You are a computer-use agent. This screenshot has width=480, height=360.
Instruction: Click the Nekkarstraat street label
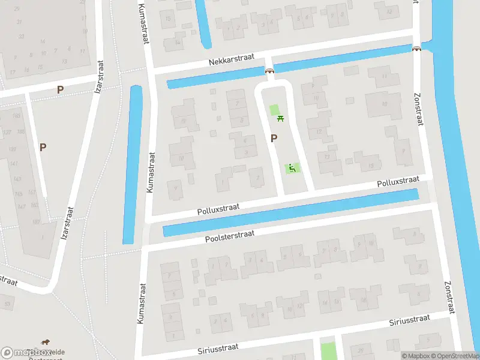(232, 58)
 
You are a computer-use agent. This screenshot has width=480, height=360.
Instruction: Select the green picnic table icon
(280, 119)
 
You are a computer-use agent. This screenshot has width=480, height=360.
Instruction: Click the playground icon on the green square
(292, 169)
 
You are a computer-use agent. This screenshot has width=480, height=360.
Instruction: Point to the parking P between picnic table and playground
(274, 139)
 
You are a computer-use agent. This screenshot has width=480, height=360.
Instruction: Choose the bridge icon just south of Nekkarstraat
(269, 71)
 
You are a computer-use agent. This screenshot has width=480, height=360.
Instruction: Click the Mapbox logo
(26, 352)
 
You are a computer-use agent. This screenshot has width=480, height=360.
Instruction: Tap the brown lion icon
(46, 343)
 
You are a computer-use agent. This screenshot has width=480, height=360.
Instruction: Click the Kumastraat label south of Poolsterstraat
(142, 304)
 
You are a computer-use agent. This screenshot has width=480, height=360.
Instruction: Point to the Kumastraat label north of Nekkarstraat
(144, 23)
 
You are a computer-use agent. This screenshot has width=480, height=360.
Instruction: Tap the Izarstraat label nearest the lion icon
(67, 223)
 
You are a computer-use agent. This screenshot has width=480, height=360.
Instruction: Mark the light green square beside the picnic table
(275, 110)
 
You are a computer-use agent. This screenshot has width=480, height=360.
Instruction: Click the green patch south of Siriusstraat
(328, 351)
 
